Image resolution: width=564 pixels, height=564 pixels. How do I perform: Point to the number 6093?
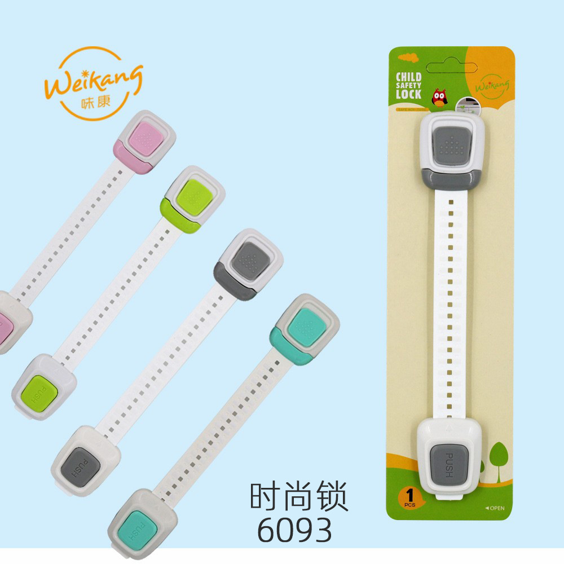294,528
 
